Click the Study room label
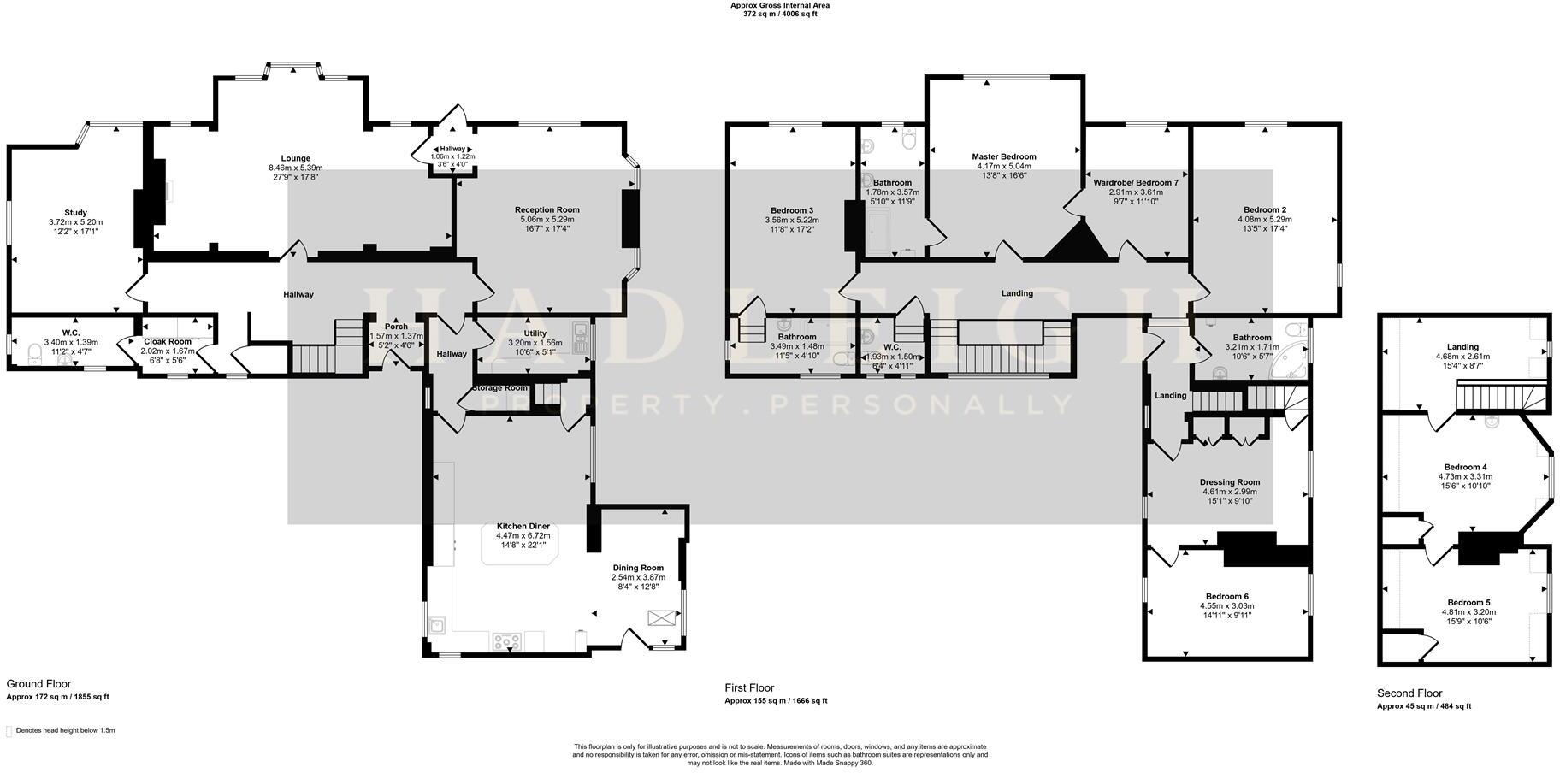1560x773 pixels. [75, 213]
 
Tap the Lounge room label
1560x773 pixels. [295, 158]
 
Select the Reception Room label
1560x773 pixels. [547, 209]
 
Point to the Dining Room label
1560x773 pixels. [637, 568]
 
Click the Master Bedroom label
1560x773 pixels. [1003, 156]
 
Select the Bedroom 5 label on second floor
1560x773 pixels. [1468, 602]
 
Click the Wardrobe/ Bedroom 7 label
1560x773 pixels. [1135, 183]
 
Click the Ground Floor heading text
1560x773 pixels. [38, 684]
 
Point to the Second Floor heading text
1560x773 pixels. [1409, 693]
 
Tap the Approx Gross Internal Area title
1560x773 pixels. [779, 5]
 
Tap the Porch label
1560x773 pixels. [396, 327]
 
